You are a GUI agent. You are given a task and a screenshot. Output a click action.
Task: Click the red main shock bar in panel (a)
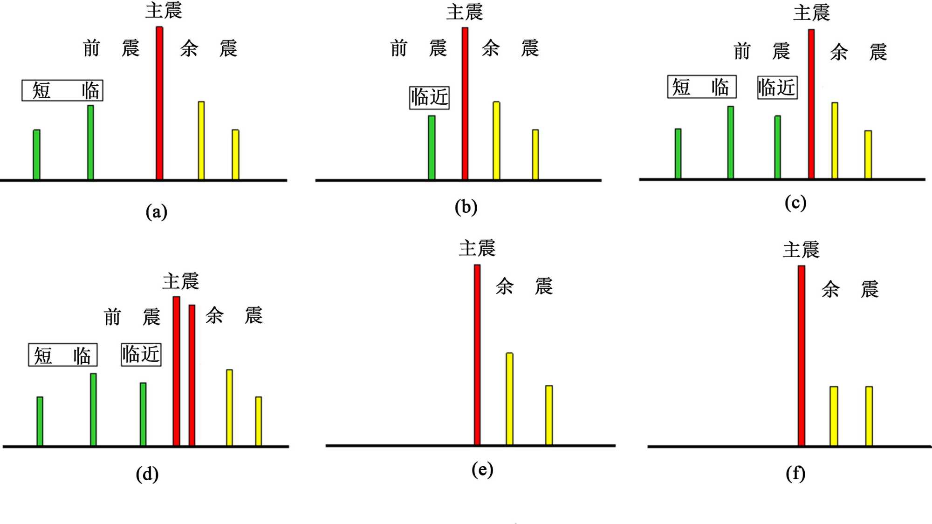pyautogui.click(x=159, y=102)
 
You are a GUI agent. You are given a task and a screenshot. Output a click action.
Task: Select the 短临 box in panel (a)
pyautogui.click(x=62, y=90)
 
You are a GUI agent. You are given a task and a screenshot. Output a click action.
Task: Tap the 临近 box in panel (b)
pyautogui.click(x=429, y=98)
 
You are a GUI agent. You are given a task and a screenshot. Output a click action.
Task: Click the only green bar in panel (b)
pyautogui.click(x=432, y=147)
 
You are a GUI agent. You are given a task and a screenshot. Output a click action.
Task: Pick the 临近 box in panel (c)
pyautogui.click(x=777, y=88)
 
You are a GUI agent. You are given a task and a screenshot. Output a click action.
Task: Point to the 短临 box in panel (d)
pyautogui.click(x=63, y=355)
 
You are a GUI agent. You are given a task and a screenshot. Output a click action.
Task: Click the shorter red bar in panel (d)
pyautogui.click(x=192, y=375)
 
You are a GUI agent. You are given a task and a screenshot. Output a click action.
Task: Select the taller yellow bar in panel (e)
pyautogui.click(x=509, y=399)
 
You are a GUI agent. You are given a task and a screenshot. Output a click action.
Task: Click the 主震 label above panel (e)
pyautogui.click(x=477, y=248)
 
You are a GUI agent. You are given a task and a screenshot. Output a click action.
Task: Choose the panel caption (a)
pyautogui.click(x=157, y=212)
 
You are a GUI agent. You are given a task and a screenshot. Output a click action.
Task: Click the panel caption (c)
pyautogui.click(x=795, y=203)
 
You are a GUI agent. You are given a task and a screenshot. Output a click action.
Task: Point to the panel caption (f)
pyautogui.click(x=795, y=474)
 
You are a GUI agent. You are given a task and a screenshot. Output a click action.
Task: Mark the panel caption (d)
pyautogui.click(x=147, y=475)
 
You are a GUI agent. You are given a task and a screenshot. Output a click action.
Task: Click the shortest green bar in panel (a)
pyautogui.click(x=36, y=155)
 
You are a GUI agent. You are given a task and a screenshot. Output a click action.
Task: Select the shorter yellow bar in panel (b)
pyautogui.click(x=535, y=155)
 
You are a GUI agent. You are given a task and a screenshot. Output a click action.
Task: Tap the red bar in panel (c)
pyautogui.click(x=811, y=104)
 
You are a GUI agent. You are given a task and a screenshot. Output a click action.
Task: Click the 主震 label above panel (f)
pyautogui.click(x=801, y=250)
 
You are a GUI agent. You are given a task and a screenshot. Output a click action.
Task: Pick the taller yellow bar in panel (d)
pyautogui.click(x=229, y=408)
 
